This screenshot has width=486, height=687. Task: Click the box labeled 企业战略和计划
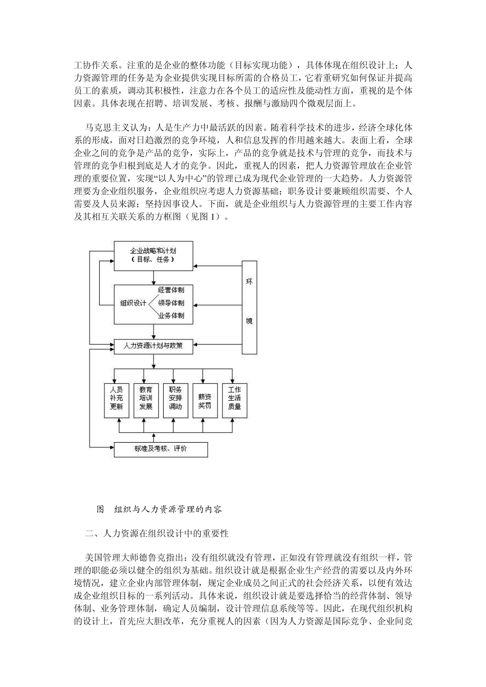(153, 255)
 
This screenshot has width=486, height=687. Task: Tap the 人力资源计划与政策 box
(153, 346)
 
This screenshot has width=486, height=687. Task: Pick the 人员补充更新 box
(117, 398)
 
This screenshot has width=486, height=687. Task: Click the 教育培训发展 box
(146, 398)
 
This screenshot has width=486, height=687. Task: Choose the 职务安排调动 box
(175, 398)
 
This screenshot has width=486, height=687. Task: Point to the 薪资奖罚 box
(205, 398)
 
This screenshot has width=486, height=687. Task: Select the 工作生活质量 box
(234, 398)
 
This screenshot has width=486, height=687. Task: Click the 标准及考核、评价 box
(161, 449)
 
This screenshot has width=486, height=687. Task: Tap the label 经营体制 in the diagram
(171, 290)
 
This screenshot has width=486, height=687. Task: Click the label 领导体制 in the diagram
(171, 303)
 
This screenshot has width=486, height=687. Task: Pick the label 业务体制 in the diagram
(171, 315)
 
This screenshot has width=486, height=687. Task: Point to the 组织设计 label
(133, 303)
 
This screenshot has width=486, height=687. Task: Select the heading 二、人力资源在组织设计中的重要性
(157, 534)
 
